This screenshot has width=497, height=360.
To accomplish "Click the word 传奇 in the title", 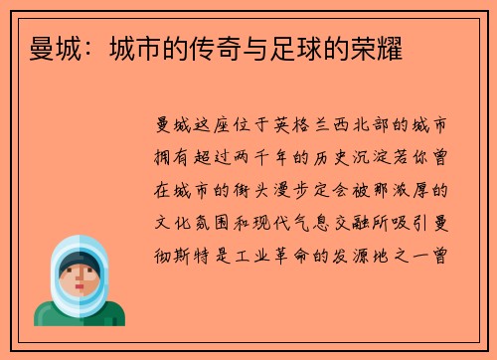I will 199,47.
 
